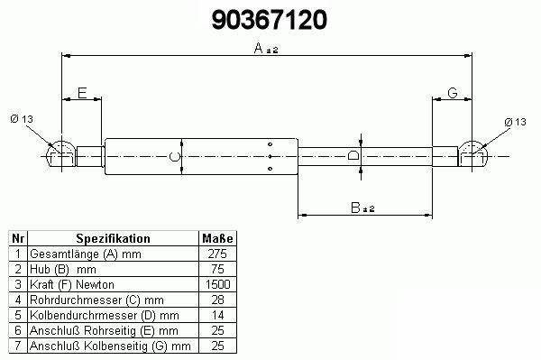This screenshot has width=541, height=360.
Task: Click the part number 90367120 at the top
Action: (269, 20)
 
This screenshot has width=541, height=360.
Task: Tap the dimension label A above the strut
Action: (259, 49)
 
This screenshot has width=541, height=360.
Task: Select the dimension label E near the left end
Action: (82, 93)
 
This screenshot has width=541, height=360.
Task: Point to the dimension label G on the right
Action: (453, 93)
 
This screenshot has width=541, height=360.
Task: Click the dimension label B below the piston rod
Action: (355, 208)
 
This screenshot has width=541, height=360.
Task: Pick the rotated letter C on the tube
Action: (175, 157)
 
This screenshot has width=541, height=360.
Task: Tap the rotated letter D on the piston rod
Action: (353, 156)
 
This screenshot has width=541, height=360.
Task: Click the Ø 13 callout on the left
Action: (22, 119)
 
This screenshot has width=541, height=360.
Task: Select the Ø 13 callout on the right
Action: (515, 122)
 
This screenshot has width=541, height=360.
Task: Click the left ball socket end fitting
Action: (60, 154)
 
